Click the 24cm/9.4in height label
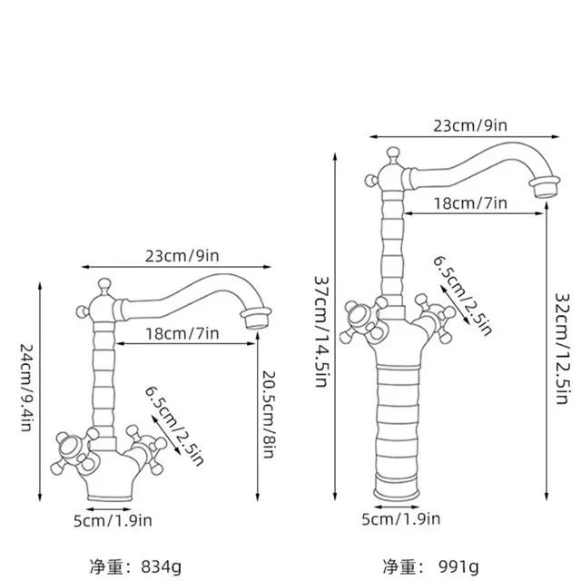pyautogui.click(x=26, y=388)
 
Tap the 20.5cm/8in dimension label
pyautogui.click(x=269, y=414)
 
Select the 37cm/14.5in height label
pyautogui.click(x=320, y=331)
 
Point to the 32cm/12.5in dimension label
pyautogui.click(x=561, y=349)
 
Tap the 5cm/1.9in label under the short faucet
pyautogui.click(x=113, y=520)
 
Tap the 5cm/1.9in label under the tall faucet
pyautogui.click(x=401, y=518)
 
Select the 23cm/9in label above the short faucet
pyautogui.click(x=182, y=256)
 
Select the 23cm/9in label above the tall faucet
pyautogui.click(x=470, y=125)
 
